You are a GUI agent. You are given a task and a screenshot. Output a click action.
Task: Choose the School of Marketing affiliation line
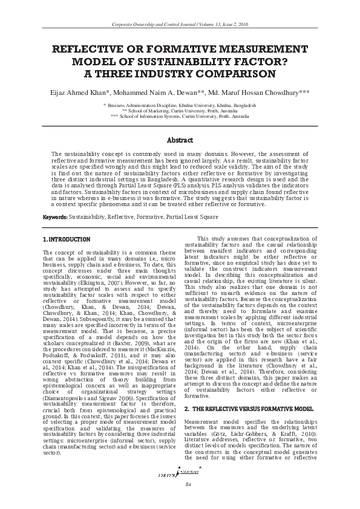point(180,111)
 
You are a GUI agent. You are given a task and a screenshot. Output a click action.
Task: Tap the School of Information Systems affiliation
point(180,116)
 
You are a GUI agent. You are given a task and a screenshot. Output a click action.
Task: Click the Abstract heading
point(180,140)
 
